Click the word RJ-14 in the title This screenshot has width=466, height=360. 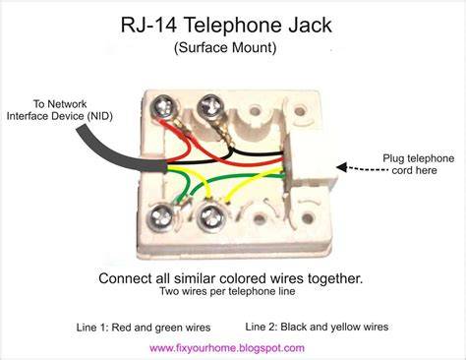point(148,26)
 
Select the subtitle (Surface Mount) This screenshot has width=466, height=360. point(225,48)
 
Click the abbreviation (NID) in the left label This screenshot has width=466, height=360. point(100,116)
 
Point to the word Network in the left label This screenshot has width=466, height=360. point(67,104)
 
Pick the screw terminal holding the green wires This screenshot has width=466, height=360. point(161,217)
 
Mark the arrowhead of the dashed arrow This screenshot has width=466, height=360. point(342,167)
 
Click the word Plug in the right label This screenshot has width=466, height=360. point(393,158)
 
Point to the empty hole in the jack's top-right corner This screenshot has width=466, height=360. point(300,112)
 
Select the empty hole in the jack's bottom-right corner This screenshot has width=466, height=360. point(307,218)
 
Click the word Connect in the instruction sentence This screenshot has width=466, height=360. point(125,278)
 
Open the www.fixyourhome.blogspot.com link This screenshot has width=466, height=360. point(227,348)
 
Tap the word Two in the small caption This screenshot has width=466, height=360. point(168,291)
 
